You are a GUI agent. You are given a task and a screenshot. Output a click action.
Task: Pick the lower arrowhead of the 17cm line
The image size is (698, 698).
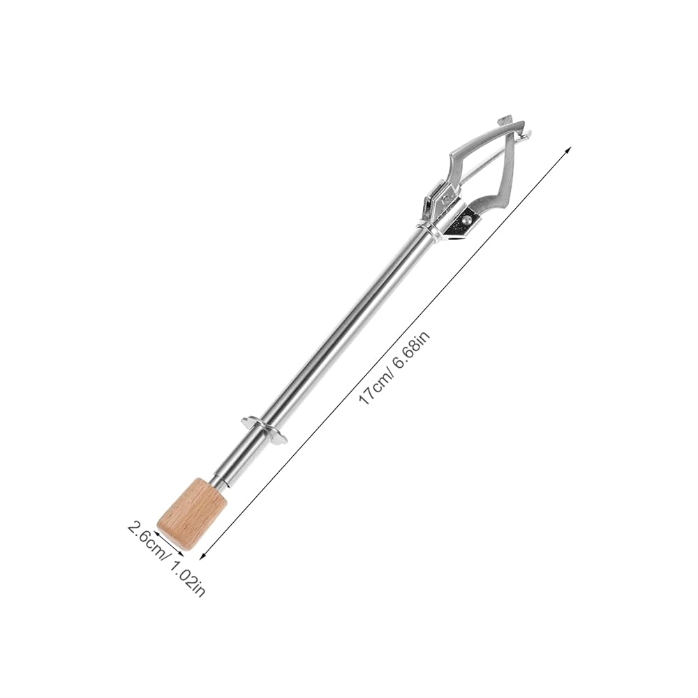point(203,556)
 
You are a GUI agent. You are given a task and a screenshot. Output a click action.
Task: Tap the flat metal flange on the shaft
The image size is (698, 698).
point(265,430)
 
